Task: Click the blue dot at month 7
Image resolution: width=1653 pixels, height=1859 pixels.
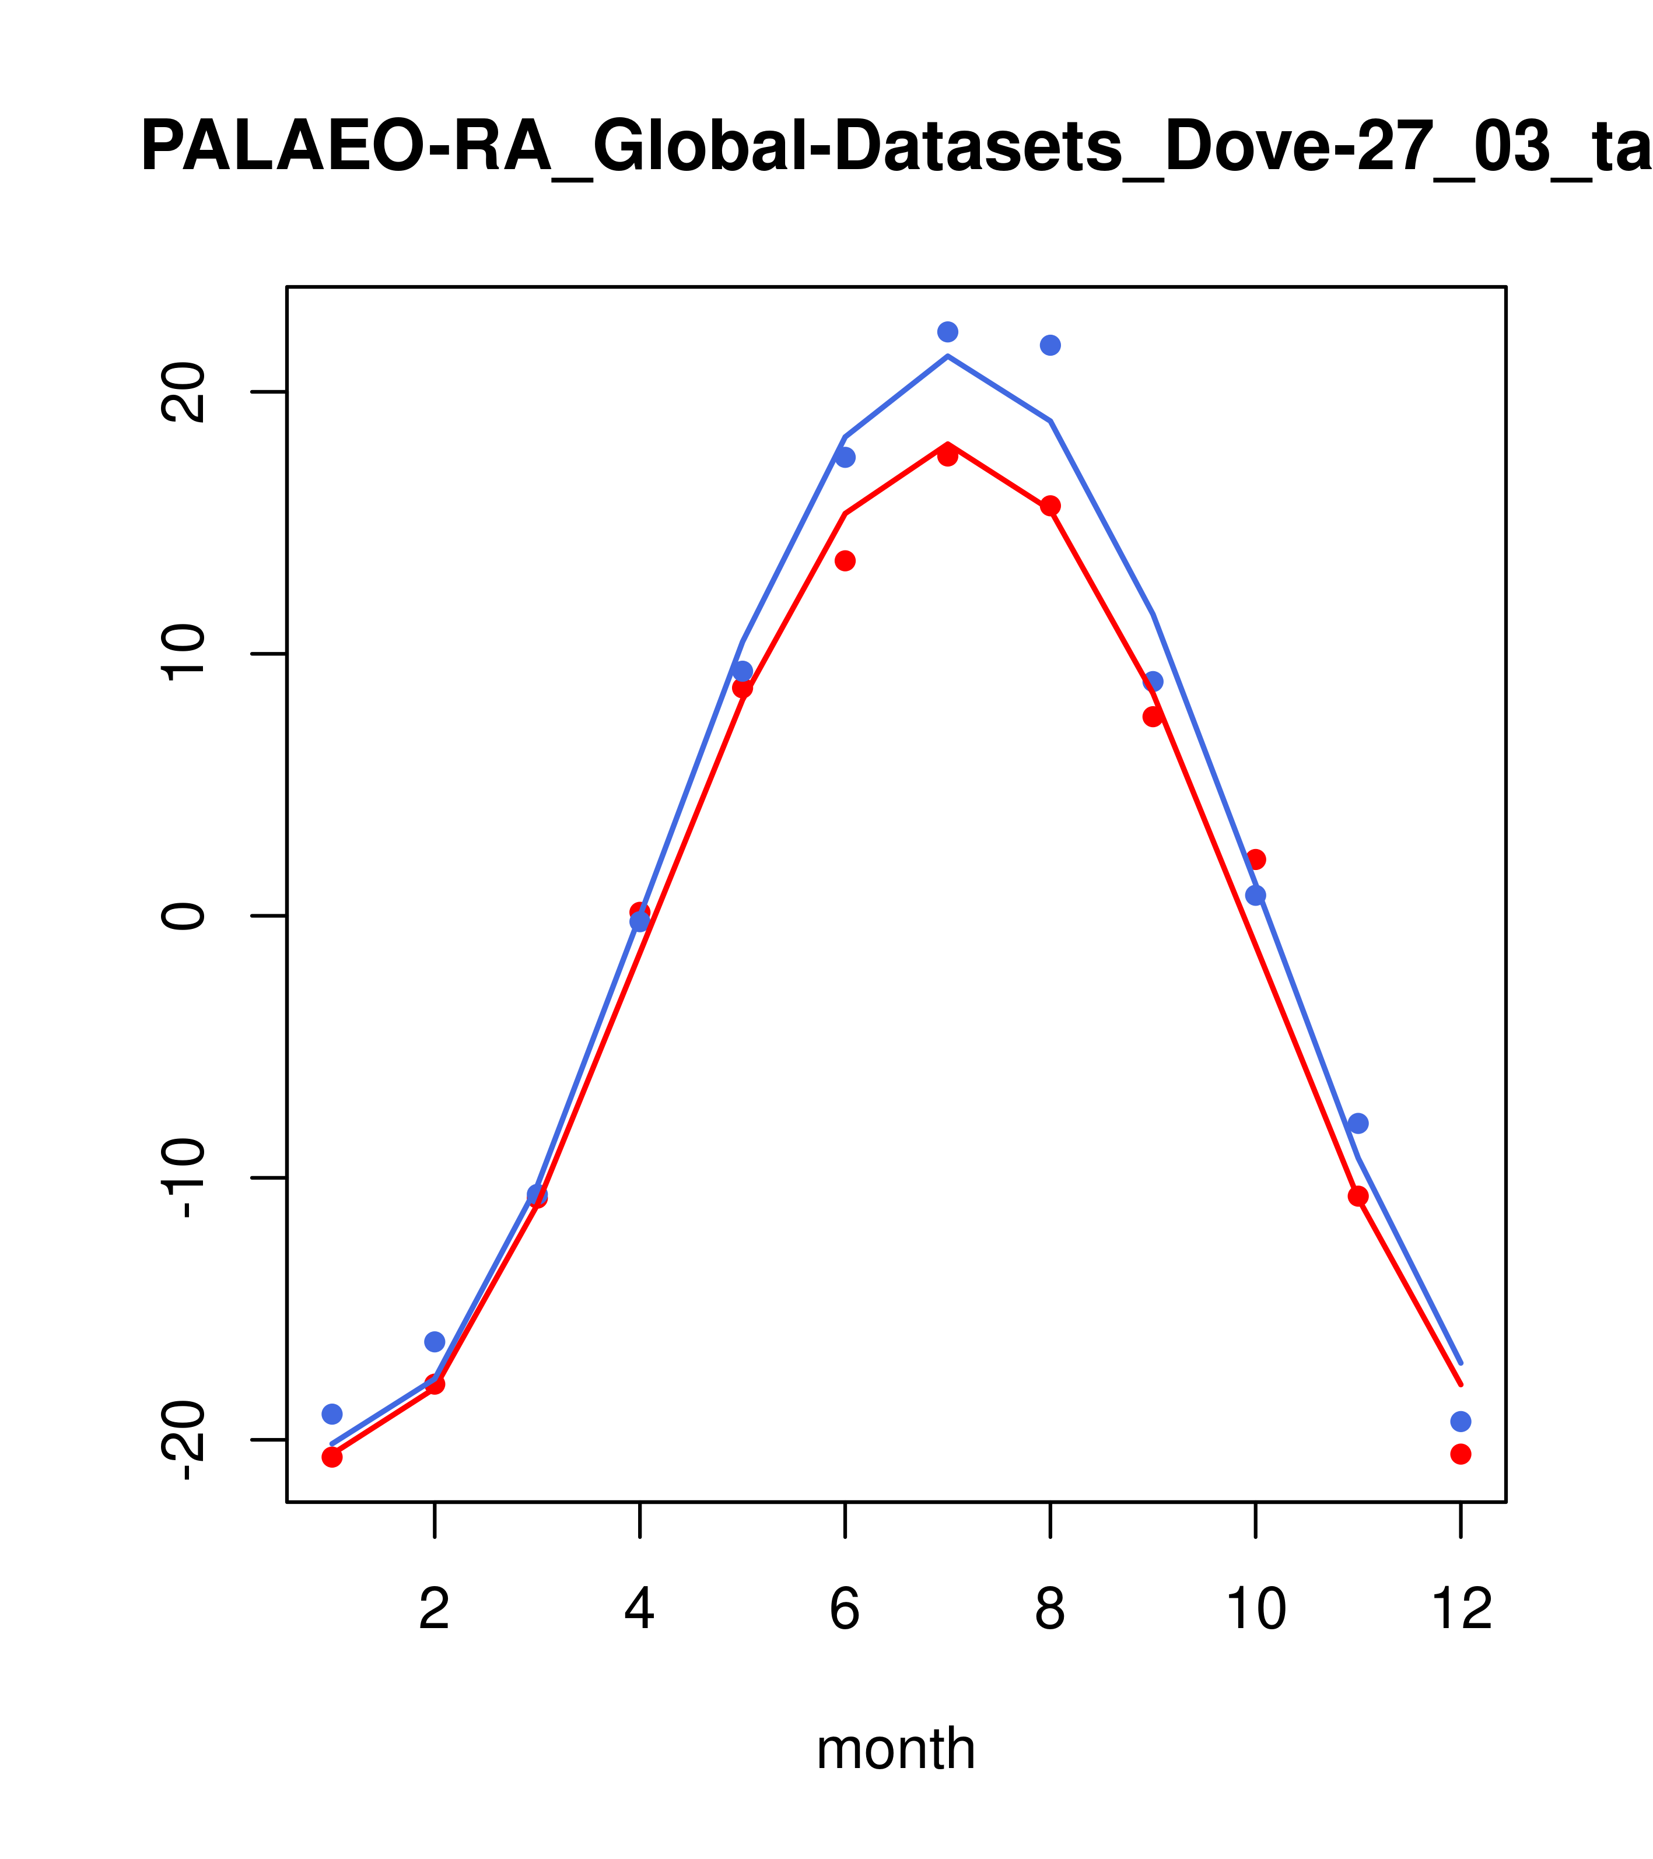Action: click(x=947, y=332)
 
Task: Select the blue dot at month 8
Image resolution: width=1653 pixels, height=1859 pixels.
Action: click(x=1050, y=346)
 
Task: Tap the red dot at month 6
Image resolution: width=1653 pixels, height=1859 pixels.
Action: click(x=845, y=561)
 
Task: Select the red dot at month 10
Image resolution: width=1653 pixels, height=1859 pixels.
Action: click(x=1255, y=860)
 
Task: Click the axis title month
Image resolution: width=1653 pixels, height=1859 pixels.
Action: click(x=896, y=1749)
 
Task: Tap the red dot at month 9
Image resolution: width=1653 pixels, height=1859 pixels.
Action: click(x=1153, y=717)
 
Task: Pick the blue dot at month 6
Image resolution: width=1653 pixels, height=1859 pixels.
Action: click(x=845, y=458)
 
